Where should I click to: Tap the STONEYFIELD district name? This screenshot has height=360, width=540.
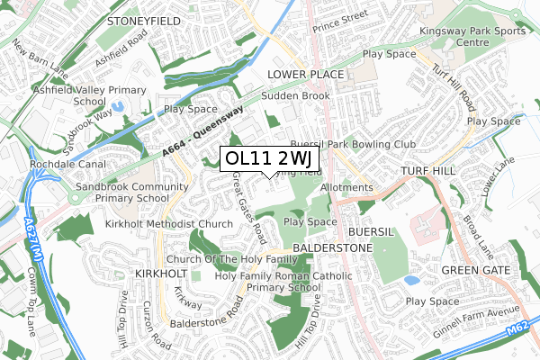point(143,19)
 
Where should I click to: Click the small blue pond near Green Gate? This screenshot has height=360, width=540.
point(412,280)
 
